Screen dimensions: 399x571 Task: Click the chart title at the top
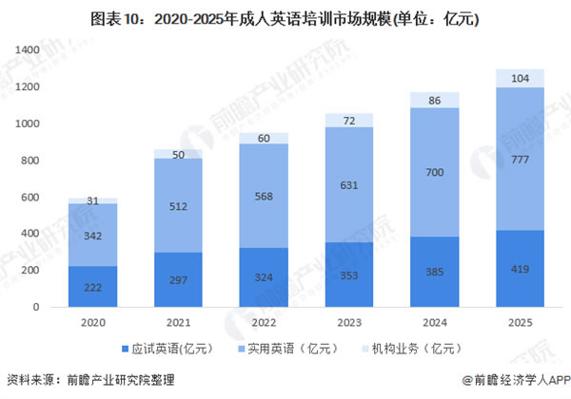click(285, 16)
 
